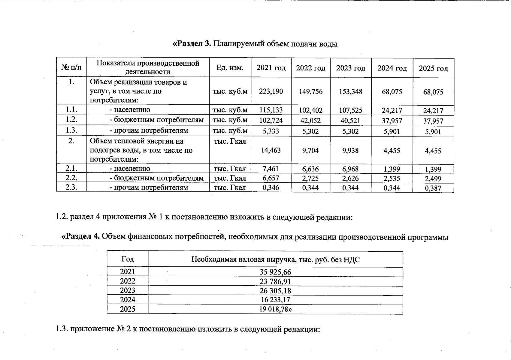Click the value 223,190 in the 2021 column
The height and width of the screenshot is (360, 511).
tap(271, 91)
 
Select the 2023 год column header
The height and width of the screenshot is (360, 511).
tap(351, 68)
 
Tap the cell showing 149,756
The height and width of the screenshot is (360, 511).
tap(311, 91)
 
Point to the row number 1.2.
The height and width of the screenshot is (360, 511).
tap(71, 120)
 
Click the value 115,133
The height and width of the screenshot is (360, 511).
tap(271, 110)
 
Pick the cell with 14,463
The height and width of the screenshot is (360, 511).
tap(271, 150)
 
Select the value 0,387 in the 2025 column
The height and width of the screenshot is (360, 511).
tap(433, 188)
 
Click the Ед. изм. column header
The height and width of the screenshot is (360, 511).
tap(230, 68)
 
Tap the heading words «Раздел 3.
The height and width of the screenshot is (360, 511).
tap(192, 44)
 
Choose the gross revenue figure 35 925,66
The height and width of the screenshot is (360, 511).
tap(275, 272)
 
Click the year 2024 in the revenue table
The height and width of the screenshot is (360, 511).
tap(128, 300)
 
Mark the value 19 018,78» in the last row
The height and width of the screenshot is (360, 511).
tap(276, 309)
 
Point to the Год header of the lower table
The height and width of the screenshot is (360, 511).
tap(128, 259)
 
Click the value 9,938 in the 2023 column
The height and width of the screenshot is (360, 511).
tap(350, 150)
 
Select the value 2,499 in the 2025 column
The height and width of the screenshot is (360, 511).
tap(433, 179)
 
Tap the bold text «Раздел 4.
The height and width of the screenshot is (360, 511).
tap(80, 236)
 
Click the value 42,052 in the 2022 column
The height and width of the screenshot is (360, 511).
tap(311, 121)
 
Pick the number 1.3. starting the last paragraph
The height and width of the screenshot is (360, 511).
tap(62, 329)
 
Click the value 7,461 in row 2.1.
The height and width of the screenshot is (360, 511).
tap(271, 169)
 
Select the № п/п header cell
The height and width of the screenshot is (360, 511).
tap(71, 68)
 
